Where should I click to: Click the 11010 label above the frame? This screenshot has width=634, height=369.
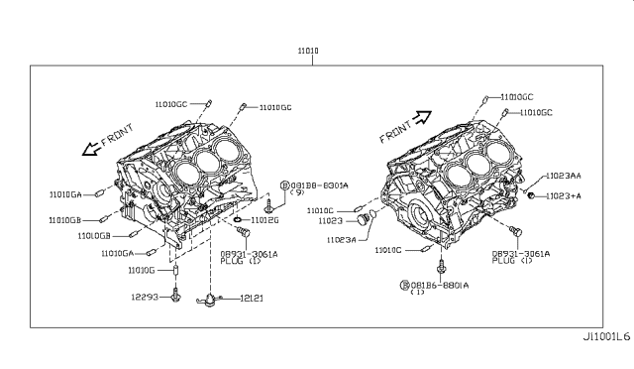(310, 50)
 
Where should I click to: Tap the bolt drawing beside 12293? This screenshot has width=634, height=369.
(175, 295)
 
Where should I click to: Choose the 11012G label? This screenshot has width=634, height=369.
(265, 219)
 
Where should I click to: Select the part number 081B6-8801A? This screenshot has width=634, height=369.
(441, 284)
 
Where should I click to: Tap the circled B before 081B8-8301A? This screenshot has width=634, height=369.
(283, 184)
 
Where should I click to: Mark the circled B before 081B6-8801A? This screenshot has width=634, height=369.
(405, 285)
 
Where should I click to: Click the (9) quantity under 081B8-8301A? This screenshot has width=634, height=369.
(298, 193)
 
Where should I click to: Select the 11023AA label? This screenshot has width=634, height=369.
(564, 176)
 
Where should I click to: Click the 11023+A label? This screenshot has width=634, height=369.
(563, 195)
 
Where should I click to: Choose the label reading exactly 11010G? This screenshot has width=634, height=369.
(143, 269)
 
